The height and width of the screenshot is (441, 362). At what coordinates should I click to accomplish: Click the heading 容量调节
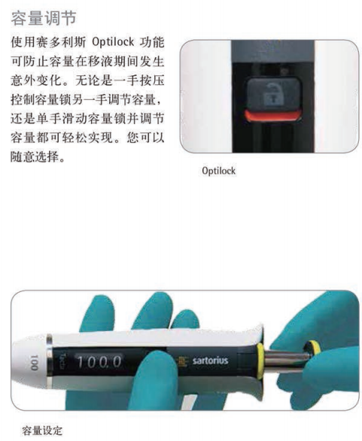point(44,18)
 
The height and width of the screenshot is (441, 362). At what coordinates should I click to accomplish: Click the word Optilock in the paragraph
point(113,42)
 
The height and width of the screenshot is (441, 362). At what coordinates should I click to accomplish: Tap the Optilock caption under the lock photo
point(218,171)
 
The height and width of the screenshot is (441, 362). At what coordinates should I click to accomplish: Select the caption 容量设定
point(42,430)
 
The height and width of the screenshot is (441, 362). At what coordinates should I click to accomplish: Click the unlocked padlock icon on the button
point(271,93)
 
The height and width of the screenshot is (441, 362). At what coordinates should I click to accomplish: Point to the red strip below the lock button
point(272,116)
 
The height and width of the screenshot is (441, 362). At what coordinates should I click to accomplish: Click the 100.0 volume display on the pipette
point(99,362)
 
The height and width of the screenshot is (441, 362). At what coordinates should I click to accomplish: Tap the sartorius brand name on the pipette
point(210,360)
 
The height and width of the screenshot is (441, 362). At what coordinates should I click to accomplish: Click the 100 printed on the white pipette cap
point(34,363)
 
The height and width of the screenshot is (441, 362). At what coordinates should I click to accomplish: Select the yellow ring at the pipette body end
point(260,360)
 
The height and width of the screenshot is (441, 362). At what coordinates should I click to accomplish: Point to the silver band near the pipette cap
point(50,361)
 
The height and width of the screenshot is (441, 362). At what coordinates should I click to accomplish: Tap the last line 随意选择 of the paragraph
point(38,157)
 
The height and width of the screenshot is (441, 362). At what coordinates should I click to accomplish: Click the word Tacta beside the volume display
point(62,362)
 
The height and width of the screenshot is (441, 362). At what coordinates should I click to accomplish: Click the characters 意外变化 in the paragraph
point(37,81)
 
